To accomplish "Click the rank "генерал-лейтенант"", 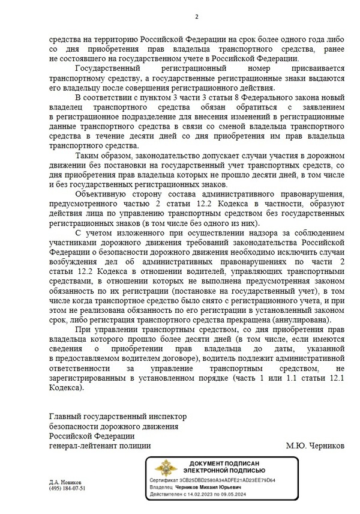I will (81, 446).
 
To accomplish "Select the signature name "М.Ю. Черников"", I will (316, 446).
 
